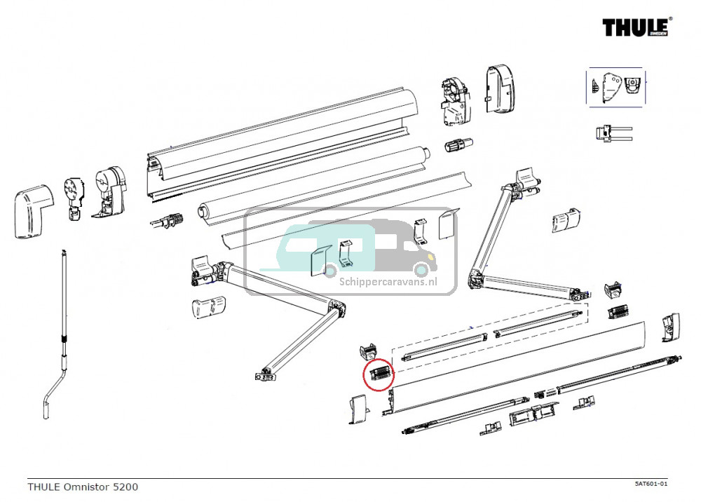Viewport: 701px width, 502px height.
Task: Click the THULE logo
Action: pyautogui.click(x=637, y=27)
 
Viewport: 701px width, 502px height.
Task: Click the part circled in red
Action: pyautogui.click(x=379, y=373)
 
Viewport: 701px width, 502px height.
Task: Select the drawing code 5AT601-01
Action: pyautogui.click(x=651, y=484)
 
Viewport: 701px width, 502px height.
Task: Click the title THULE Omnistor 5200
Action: pyautogui.click(x=83, y=487)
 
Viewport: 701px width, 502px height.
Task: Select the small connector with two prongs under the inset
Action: pyautogui.click(x=611, y=133)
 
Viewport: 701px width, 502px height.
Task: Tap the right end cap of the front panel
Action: pyautogui.click(x=669, y=327)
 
